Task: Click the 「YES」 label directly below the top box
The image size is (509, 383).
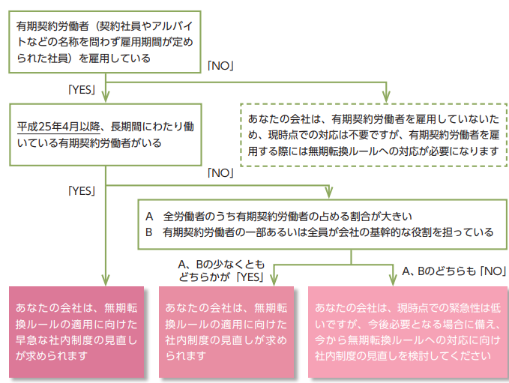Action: (81, 90)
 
